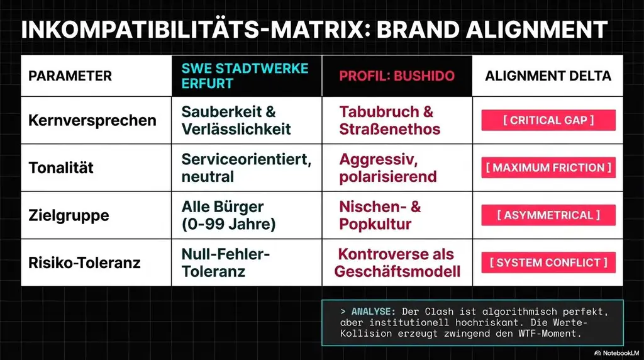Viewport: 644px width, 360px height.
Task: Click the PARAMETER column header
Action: (70, 76)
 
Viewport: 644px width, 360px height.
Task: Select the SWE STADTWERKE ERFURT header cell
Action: (245, 76)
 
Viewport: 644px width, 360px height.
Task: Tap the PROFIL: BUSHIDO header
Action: (397, 76)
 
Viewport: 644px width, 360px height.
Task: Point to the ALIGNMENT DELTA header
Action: (548, 76)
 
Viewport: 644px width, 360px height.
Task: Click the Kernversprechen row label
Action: (92, 120)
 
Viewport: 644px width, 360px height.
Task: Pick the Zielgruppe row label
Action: (69, 215)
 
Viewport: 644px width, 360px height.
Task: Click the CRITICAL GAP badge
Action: (548, 120)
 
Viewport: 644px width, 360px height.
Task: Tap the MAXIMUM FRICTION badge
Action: (548, 168)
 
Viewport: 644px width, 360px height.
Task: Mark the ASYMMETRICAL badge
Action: (548, 215)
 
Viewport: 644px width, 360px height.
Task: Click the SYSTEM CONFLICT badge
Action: (548, 262)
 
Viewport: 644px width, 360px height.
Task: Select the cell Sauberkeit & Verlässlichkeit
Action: (236, 120)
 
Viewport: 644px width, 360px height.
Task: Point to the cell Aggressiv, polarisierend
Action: (387, 168)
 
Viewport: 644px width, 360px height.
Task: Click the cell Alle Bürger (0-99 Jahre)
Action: (228, 215)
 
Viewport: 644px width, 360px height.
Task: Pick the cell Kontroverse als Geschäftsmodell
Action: (397, 263)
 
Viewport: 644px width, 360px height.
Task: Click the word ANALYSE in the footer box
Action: (374, 312)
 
